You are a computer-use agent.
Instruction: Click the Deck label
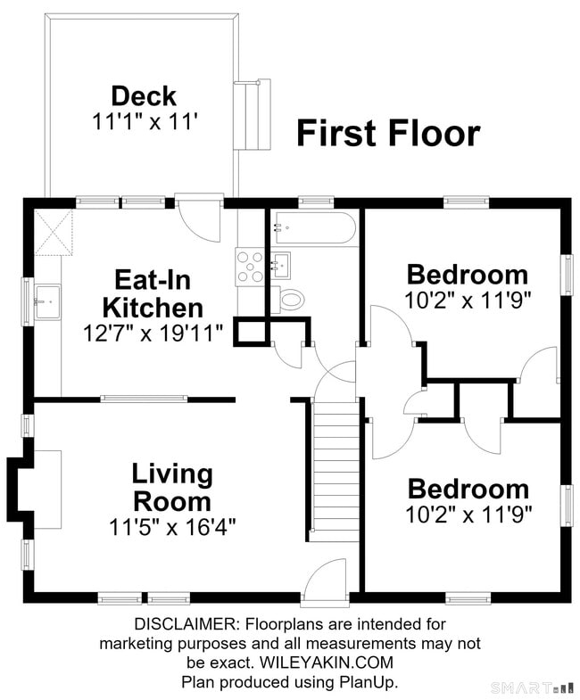click(144, 96)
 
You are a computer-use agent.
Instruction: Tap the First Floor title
click(388, 133)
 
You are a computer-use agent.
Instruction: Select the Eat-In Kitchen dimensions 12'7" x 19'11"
click(153, 333)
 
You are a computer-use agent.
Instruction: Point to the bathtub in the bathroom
click(316, 227)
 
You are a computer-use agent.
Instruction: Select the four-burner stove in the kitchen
click(250, 267)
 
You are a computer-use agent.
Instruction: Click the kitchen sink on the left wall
click(48, 301)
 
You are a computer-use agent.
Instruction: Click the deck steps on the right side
click(253, 115)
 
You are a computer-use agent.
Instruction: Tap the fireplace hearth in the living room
click(48, 490)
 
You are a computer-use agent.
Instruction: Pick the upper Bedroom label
click(468, 274)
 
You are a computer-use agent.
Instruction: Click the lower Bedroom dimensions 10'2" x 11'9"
click(468, 515)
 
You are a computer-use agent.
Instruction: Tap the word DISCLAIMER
click(186, 623)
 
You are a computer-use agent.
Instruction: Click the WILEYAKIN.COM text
click(327, 662)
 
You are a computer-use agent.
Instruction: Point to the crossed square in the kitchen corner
click(54, 232)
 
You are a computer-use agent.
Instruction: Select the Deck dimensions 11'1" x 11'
click(145, 121)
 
